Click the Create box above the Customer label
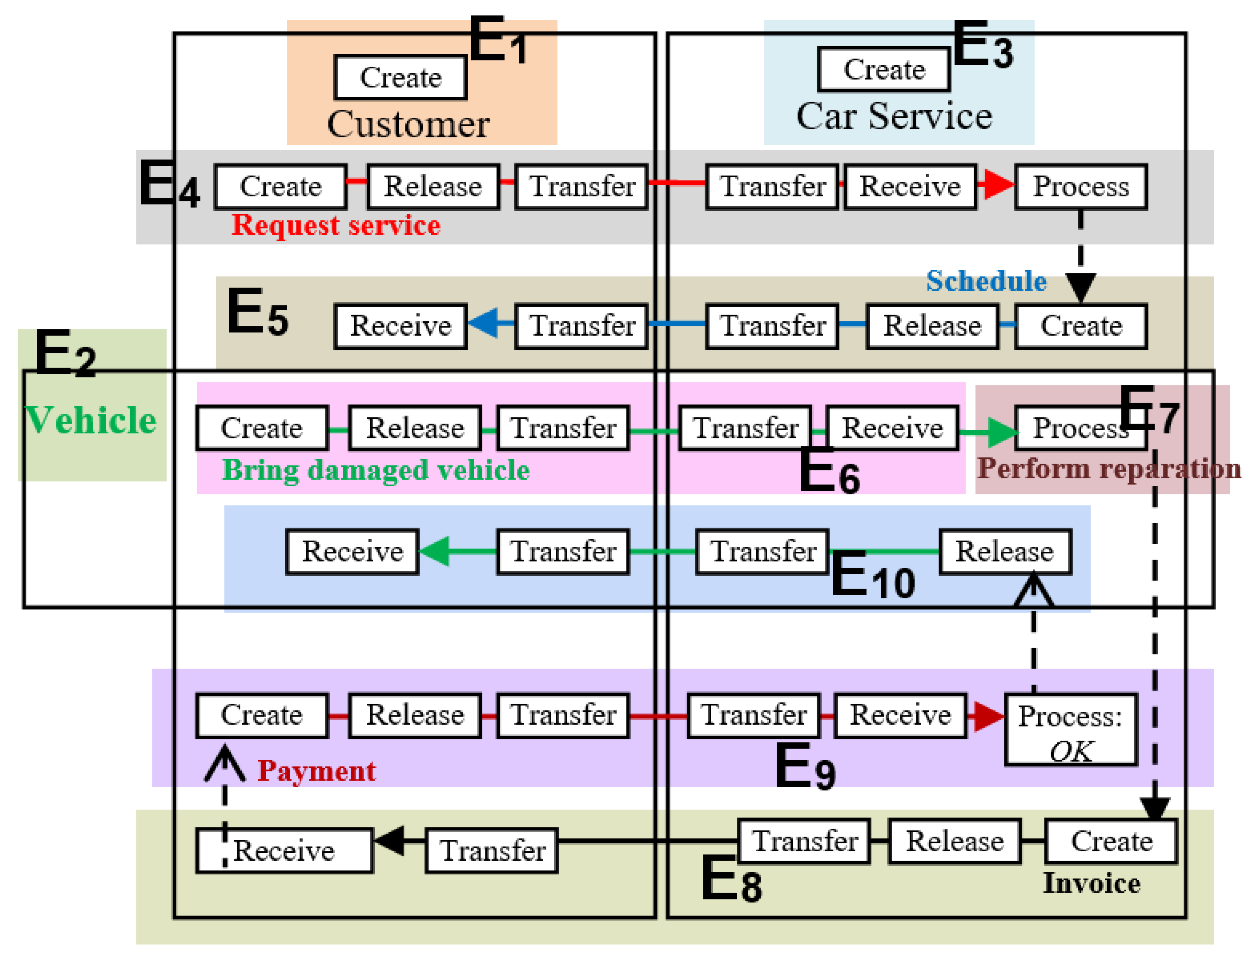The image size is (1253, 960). pyautogui.click(x=400, y=77)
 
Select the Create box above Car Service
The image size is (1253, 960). pyautogui.click(x=884, y=69)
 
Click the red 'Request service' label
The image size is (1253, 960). pyautogui.click(x=336, y=225)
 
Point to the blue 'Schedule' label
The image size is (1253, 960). pyautogui.click(x=986, y=281)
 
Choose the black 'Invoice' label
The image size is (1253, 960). pyautogui.click(x=1092, y=883)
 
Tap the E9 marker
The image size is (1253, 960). pyautogui.click(x=805, y=767)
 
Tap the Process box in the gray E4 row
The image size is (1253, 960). pyautogui.click(x=1081, y=187)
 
